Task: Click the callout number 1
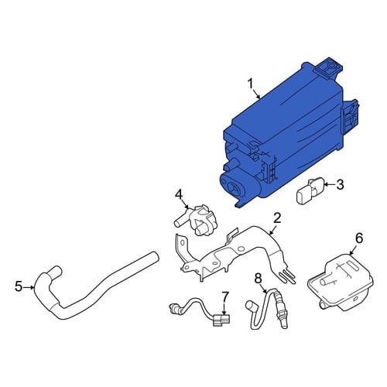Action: click(251, 84)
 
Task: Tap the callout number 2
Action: click(277, 218)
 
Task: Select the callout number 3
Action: click(341, 185)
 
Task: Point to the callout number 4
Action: click(179, 195)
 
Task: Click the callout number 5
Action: click(19, 286)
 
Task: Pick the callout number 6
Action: click(359, 238)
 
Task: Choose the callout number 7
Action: click(225, 297)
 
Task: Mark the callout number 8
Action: click(258, 279)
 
